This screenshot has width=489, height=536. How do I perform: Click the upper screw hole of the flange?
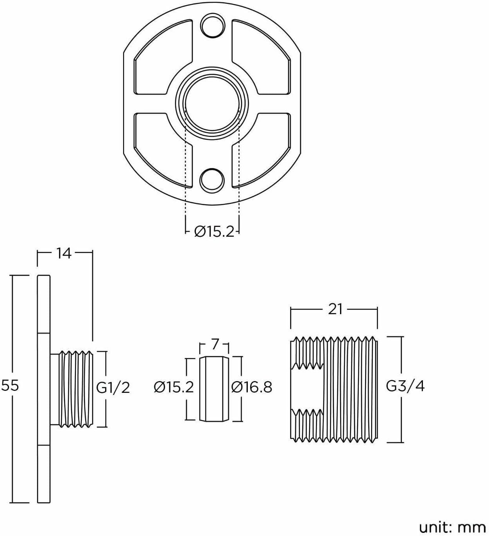pyautogui.click(x=212, y=26)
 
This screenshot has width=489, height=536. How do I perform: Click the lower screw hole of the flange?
pyautogui.click(x=212, y=181)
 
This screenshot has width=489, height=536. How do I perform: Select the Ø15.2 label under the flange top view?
pyautogui.click(x=214, y=232)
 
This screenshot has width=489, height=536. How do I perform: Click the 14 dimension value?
pyautogui.click(x=64, y=253)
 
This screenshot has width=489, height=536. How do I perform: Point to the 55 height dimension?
pyautogui.click(x=10, y=385)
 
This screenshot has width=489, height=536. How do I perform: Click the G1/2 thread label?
pyautogui.click(x=113, y=388)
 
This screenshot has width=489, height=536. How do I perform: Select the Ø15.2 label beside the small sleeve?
pyautogui.click(x=174, y=387)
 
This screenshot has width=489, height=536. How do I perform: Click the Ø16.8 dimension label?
pyautogui.click(x=252, y=387)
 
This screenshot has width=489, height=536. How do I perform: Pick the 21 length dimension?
pyautogui.click(x=335, y=309)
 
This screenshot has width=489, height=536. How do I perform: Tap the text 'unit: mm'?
pyautogui.click(x=452, y=527)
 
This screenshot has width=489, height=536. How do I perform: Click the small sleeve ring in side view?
pyautogui.click(x=214, y=389)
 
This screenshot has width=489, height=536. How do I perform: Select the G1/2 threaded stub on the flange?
pyautogui.click(x=72, y=389)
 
